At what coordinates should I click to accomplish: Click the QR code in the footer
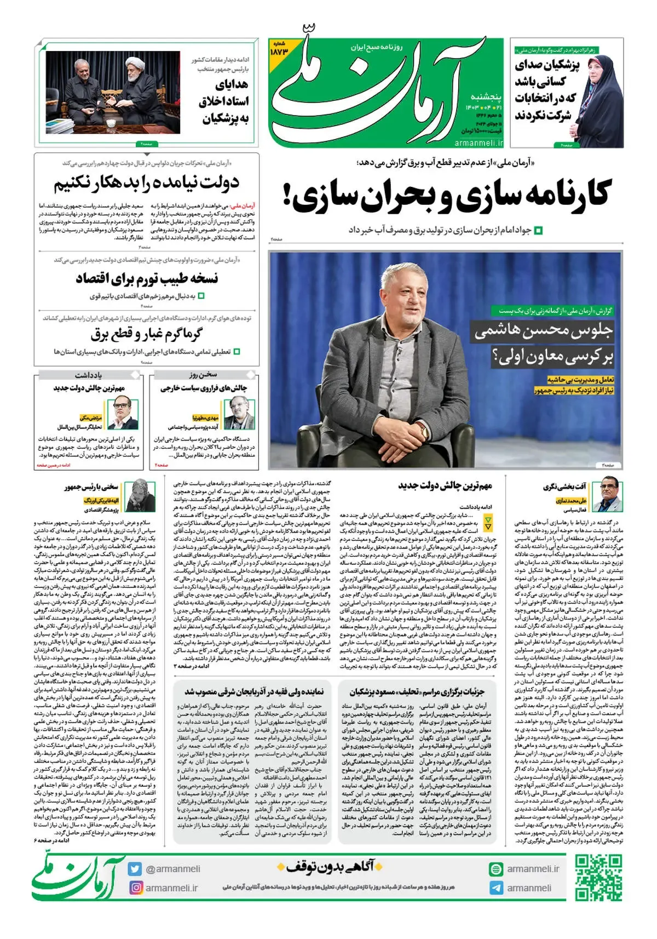click(x=598, y=877)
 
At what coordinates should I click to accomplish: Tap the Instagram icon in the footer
click(x=135, y=887)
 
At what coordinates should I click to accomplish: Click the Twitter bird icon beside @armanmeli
click(x=135, y=869)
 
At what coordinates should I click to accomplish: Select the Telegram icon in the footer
click(x=496, y=888)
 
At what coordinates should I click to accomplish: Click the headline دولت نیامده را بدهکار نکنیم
click(x=146, y=183)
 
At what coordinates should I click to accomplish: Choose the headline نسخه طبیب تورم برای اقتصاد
click(x=146, y=278)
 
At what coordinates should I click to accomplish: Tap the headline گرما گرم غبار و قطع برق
click(x=146, y=333)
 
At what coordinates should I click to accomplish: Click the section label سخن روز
click(x=203, y=375)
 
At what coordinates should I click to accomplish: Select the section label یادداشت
click(x=88, y=375)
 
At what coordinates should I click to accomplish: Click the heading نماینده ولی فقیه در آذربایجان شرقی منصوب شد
click(x=253, y=691)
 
